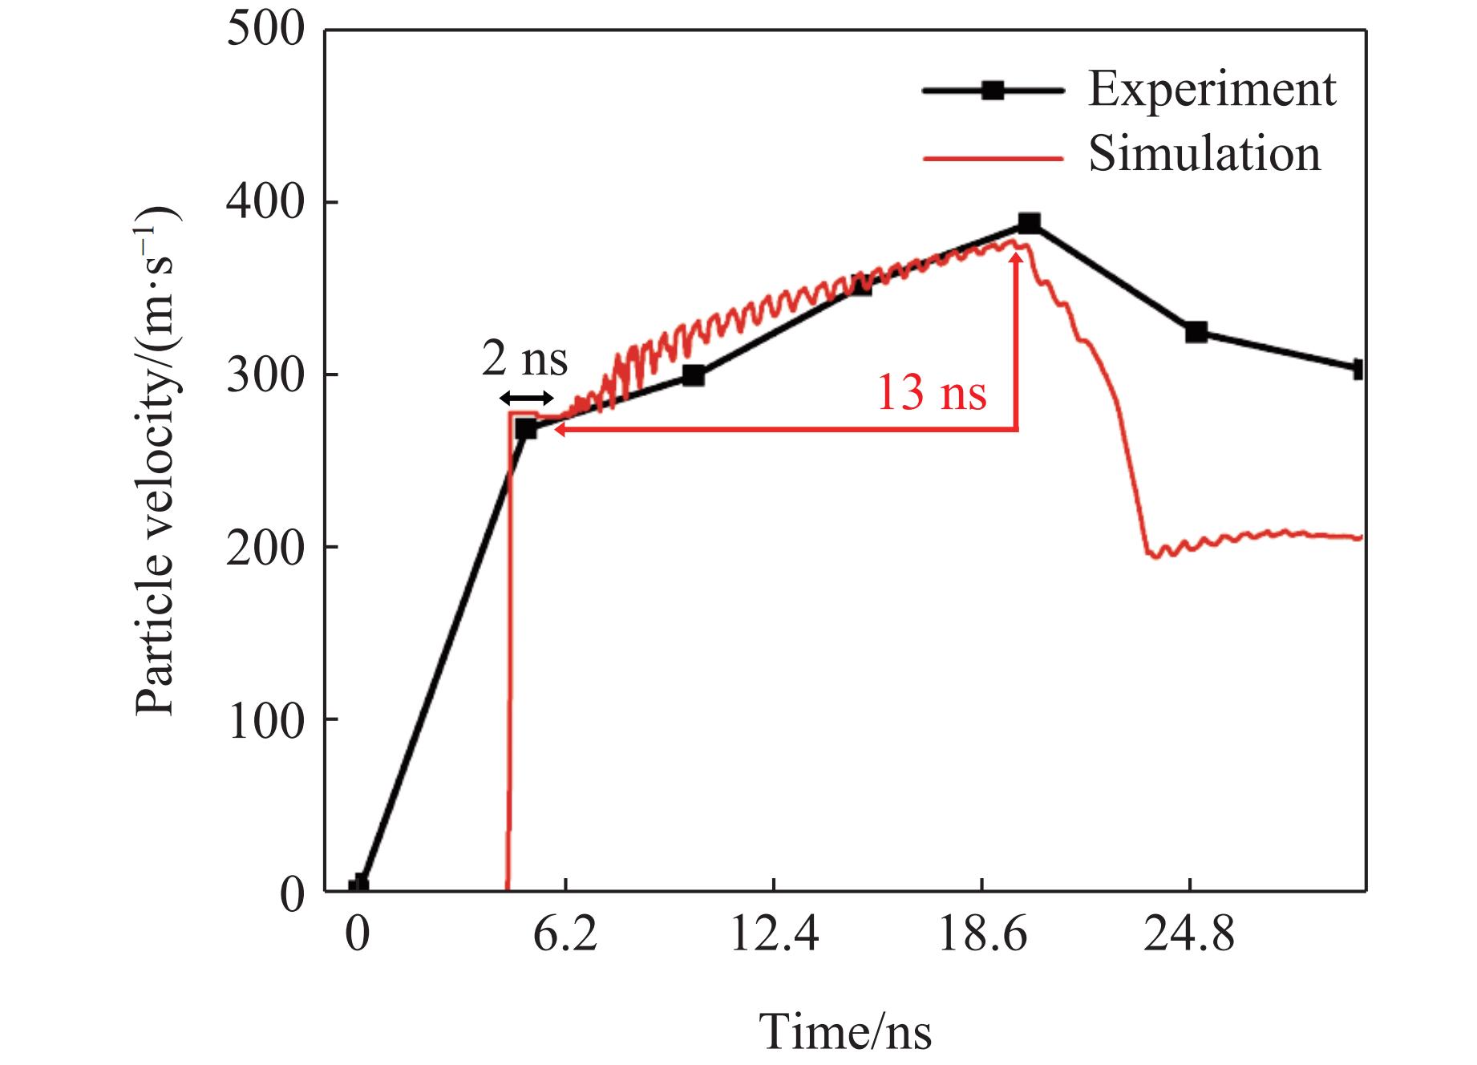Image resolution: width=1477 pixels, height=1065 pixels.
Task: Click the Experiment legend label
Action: click(1212, 90)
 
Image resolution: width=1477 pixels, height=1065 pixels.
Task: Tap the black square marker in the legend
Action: click(993, 90)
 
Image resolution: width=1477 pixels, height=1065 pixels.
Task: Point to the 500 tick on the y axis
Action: click(265, 30)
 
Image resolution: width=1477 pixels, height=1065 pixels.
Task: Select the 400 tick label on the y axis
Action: click(265, 203)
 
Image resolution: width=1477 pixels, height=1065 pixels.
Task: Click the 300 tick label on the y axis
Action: click(265, 375)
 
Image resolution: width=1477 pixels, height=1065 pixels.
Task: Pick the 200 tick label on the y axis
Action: click(265, 548)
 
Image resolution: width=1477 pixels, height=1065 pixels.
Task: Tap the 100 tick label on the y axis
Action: click(265, 720)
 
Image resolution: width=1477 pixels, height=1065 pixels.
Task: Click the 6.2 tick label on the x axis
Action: click(565, 935)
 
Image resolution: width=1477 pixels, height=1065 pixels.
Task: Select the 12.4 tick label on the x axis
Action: click(774, 935)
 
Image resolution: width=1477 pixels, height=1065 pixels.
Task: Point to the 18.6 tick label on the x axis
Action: click(982, 935)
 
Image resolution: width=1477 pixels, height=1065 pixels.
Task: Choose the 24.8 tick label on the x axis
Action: click(1190, 935)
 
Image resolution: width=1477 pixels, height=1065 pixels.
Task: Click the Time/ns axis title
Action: click(846, 1031)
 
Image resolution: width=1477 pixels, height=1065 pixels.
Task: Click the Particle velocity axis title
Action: click(156, 461)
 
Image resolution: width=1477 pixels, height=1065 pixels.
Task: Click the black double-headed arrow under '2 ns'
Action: click(526, 399)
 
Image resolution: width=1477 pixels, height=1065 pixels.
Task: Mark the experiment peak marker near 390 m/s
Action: click(1030, 223)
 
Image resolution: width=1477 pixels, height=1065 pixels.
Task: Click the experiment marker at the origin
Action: click(358, 885)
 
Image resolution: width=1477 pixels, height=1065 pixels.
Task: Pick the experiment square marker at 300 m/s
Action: click(694, 375)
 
